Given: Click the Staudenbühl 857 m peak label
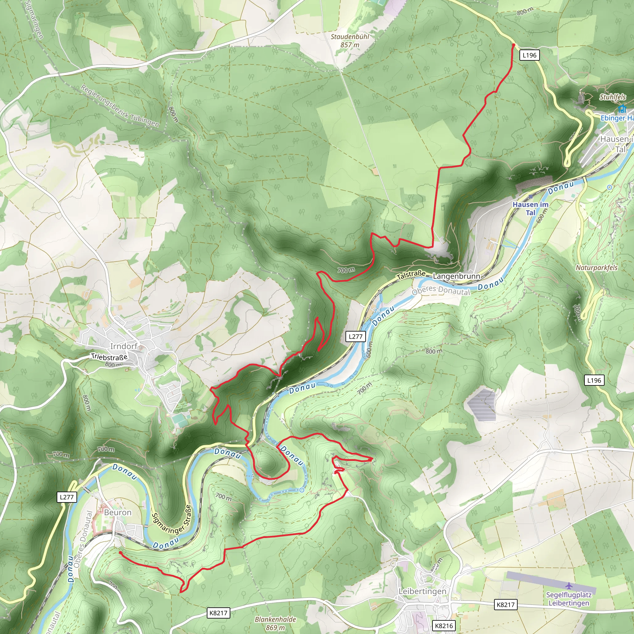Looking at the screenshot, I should click(350, 41).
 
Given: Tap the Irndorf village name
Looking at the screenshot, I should click(124, 346).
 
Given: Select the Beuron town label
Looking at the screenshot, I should click(117, 512).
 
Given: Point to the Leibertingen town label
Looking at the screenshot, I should click(422, 591).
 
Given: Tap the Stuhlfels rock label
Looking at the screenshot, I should click(612, 97).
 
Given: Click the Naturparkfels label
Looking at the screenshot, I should click(596, 267).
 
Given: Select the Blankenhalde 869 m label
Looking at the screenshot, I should click(275, 623).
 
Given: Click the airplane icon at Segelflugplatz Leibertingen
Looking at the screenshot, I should click(568, 585).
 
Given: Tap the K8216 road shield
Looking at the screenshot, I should click(444, 625).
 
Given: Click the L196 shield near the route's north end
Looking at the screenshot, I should click(529, 55).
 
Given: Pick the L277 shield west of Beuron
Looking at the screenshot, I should click(67, 497).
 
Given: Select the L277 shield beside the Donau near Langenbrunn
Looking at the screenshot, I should click(355, 337).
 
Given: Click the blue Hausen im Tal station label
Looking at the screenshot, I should click(530, 208).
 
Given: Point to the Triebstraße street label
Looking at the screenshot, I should click(109, 356).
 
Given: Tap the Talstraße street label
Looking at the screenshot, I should click(411, 275).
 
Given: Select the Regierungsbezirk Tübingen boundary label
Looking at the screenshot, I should click(120, 106).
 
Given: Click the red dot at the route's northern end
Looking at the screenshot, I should click(513, 44).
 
